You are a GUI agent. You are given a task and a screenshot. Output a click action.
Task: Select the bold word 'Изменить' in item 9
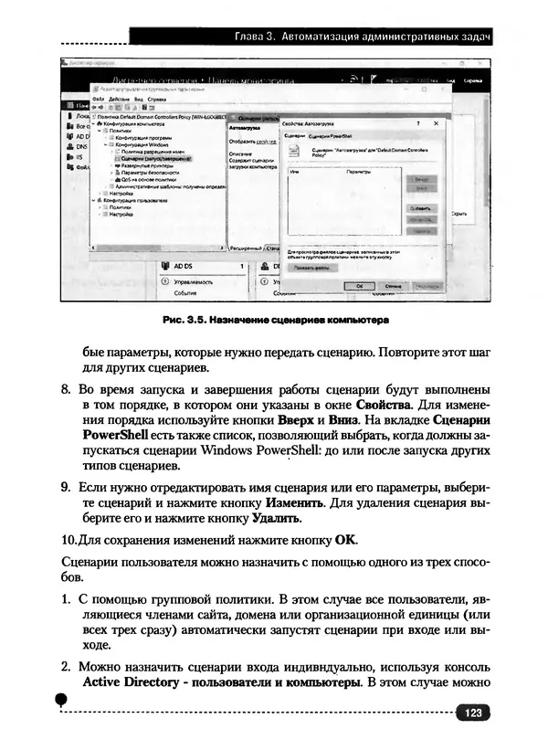click(x=294, y=503)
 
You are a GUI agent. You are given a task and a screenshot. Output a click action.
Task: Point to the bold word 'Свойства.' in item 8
click(x=387, y=403)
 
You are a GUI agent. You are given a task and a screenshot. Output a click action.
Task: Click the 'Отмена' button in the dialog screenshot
click(x=392, y=286)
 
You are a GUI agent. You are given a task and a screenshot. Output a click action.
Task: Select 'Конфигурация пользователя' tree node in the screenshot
click(x=136, y=199)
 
